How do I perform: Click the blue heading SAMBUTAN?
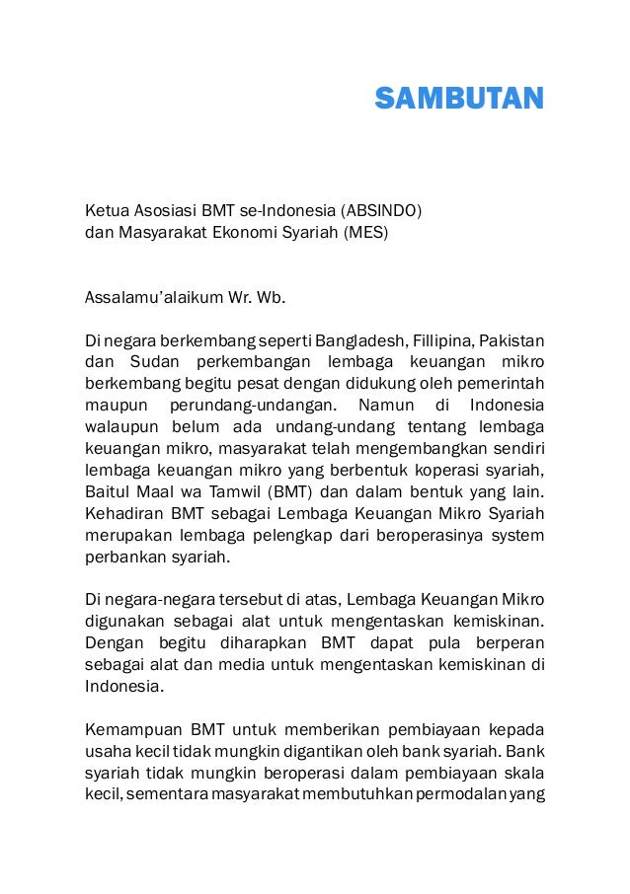click(459, 99)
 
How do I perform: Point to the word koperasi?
click(440, 471)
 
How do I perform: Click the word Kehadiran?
click(123, 514)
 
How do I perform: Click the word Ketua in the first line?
click(107, 210)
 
